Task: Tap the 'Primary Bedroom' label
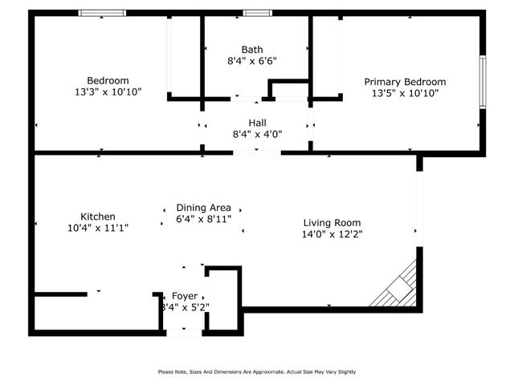tap(405, 82)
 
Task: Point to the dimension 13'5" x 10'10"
tap(405, 93)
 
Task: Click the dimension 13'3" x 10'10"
tap(108, 91)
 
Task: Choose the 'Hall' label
tap(257, 123)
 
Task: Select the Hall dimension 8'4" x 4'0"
tap(257, 134)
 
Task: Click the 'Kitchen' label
tap(97, 217)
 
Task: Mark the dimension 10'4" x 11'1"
tap(97, 228)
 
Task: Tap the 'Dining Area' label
tap(203, 208)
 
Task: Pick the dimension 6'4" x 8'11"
tap(203, 219)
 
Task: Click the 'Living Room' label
tap(332, 223)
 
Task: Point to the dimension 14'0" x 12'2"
tap(332, 234)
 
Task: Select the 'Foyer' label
tap(185, 296)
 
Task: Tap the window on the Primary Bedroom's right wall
tap(483, 82)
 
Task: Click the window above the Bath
tap(257, 13)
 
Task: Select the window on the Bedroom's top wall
tap(102, 13)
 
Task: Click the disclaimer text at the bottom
tap(257, 371)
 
